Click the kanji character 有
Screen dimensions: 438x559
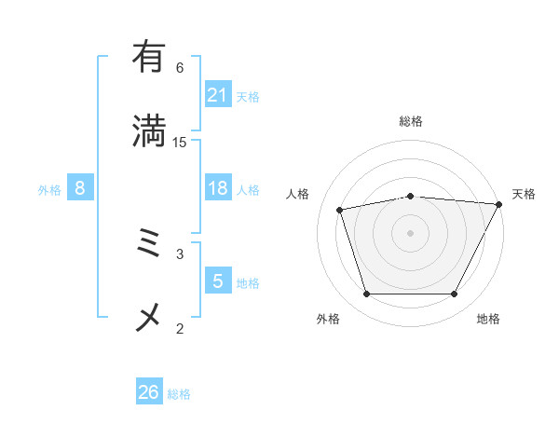[149, 57]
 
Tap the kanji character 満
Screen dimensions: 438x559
[149, 131]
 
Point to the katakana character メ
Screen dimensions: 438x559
[149, 318]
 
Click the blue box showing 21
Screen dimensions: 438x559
[218, 95]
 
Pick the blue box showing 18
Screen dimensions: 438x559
[218, 188]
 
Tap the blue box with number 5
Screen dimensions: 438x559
[218, 281]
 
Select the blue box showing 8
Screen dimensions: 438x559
[80, 188]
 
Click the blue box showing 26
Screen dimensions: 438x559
[149, 392]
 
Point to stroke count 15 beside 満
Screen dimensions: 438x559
[180, 142]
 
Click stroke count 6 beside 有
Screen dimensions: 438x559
[180, 67]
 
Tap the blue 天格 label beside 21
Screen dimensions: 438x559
[248, 97]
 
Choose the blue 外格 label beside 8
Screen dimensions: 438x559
[49, 190]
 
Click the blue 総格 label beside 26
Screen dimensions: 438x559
[179, 394]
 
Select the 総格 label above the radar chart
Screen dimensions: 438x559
[411, 121]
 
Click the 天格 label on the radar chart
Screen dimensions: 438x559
[524, 194]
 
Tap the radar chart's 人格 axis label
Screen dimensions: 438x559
[298, 194]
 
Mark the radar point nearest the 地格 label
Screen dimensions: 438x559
[455, 294]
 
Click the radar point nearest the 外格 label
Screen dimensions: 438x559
[366, 294]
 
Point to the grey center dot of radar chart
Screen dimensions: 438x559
[411, 232]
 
